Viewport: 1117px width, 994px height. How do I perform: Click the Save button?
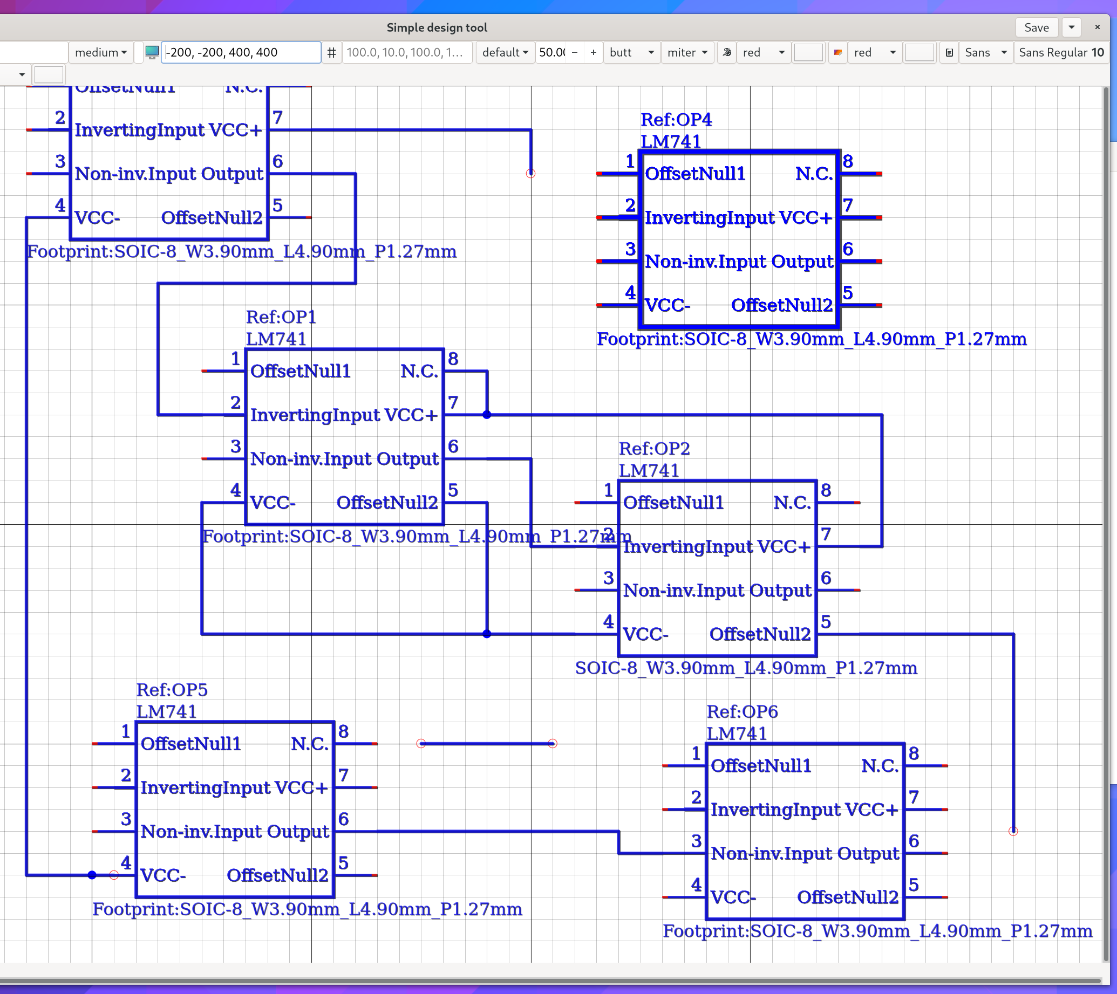pyautogui.click(x=1036, y=28)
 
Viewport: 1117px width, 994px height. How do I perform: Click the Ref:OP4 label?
pyautogui.click(x=676, y=119)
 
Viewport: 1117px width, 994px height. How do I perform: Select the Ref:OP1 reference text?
pyautogui.click(x=281, y=317)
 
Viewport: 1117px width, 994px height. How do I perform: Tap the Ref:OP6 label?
pyautogui.click(x=741, y=711)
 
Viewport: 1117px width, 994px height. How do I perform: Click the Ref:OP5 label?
pyautogui.click(x=172, y=689)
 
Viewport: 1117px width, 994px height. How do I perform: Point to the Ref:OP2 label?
pyautogui.click(x=654, y=448)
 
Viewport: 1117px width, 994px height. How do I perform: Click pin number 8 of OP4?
pyautogui.click(x=848, y=161)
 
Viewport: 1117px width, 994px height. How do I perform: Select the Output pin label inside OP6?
pyautogui.click(x=868, y=853)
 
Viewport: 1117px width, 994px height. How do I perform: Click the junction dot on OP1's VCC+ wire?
pyautogui.click(x=487, y=415)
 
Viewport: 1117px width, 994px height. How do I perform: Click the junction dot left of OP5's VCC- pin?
pyautogui.click(x=92, y=875)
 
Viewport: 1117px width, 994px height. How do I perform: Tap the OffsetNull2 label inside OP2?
pyautogui.click(x=760, y=634)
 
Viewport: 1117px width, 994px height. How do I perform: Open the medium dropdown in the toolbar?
pyautogui.click(x=101, y=52)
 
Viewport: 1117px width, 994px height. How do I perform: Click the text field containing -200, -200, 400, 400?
pyautogui.click(x=241, y=52)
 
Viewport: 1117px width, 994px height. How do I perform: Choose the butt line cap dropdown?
pyautogui.click(x=631, y=52)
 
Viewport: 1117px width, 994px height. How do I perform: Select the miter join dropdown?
pyautogui.click(x=687, y=52)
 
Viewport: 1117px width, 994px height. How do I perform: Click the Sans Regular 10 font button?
pyautogui.click(x=1061, y=52)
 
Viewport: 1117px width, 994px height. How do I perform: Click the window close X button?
pyautogui.click(x=1097, y=28)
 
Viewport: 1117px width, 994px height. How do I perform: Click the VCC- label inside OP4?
pyautogui.click(x=668, y=305)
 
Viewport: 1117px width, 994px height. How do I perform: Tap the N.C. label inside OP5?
pyautogui.click(x=309, y=743)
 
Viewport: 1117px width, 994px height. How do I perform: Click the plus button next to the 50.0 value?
pyautogui.click(x=593, y=52)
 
